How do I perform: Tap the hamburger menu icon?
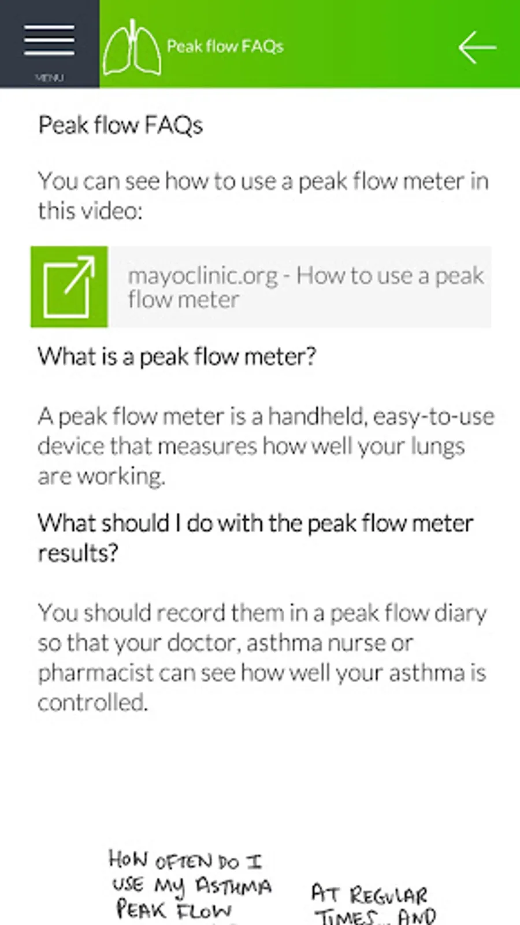pyautogui.click(x=50, y=40)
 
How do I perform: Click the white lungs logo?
pyautogui.click(x=132, y=47)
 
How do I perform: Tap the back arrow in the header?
pyautogui.click(x=477, y=47)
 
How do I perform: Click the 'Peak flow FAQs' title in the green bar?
pyautogui.click(x=225, y=46)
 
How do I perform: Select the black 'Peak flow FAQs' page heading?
pyautogui.click(x=121, y=125)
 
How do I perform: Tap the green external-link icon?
pyautogui.click(x=69, y=287)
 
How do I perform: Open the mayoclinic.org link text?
pyautogui.click(x=306, y=287)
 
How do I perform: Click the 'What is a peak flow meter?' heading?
pyautogui.click(x=177, y=356)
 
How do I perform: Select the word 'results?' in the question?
pyautogui.click(x=78, y=553)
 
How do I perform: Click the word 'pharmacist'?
pyautogui.click(x=96, y=674)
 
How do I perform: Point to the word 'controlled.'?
pyautogui.click(x=93, y=702)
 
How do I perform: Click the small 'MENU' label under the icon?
pyautogui.click(x=50, y=77)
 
